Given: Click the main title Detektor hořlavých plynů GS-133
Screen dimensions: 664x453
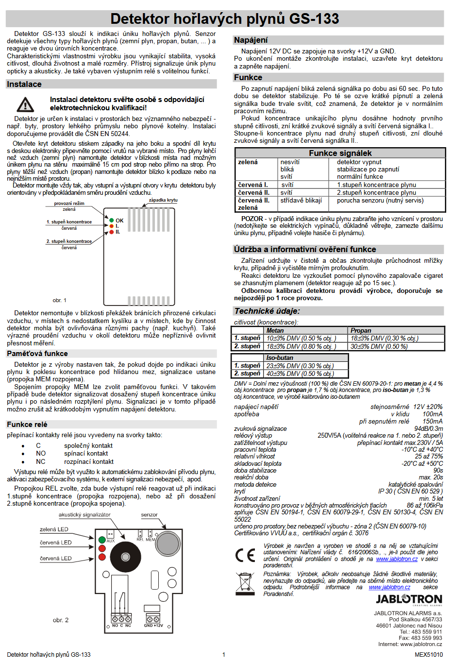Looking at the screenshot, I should point(224,19).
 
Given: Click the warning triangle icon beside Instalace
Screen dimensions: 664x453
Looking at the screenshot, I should point(25,104).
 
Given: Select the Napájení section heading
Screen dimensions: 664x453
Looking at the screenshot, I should point(251,40).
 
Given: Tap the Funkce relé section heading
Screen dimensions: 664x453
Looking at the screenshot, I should point(27,425).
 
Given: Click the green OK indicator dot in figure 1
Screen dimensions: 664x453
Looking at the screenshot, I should point(112,221).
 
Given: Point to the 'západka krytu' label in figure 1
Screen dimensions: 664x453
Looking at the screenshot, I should point(163,200).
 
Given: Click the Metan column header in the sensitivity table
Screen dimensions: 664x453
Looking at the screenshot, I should point(275,330).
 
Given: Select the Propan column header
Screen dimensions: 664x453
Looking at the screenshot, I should point(361,330).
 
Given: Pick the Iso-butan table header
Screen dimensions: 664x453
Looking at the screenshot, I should point(280,358).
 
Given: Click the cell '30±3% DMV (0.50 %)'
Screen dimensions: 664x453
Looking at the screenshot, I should point(379,346).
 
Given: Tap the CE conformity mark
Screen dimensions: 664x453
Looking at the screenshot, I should point(245,555).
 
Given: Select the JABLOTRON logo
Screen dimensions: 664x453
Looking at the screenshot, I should point(409,599).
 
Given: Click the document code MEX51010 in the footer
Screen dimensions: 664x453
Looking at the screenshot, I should point(428,655).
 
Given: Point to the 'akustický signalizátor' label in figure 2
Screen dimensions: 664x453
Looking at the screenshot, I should point(84,515).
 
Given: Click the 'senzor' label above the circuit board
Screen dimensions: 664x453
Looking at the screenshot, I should point(149,515).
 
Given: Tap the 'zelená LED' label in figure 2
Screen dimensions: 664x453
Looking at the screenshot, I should point(54,529).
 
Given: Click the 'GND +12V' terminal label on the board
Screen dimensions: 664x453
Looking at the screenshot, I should point(153,626).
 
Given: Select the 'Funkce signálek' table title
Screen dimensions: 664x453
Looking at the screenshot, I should point(340,153).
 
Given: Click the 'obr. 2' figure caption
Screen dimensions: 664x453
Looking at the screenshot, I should point(61,620).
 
